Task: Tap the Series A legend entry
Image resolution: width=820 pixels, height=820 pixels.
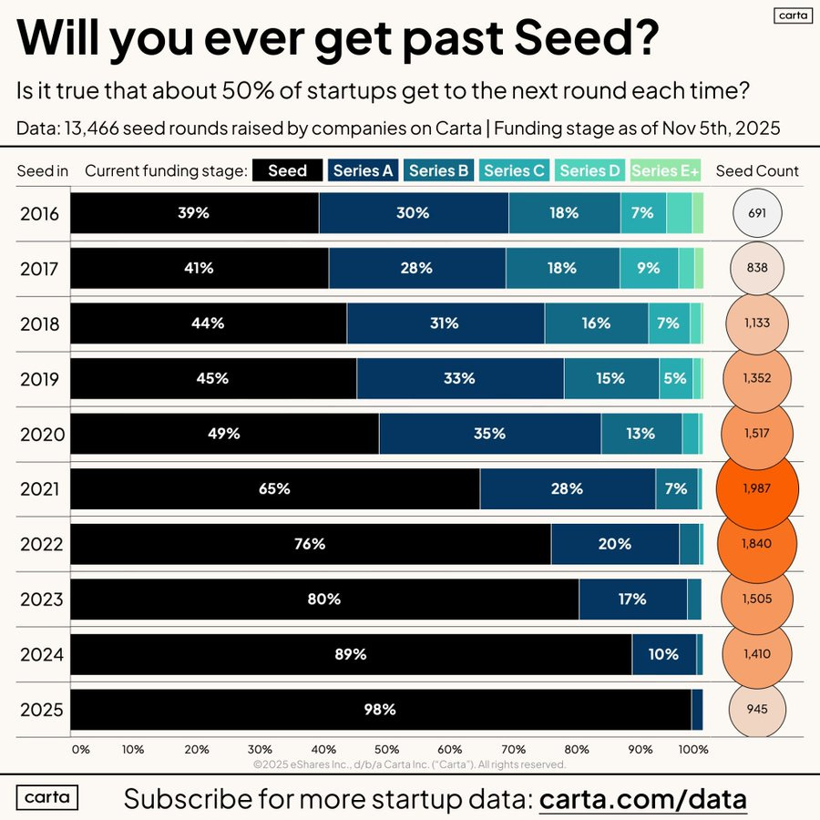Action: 363,170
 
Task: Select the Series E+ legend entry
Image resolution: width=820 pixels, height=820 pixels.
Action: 666,170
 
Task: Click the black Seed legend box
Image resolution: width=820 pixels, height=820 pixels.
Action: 287,170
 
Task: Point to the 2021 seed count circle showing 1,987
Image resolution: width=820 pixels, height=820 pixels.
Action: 757,488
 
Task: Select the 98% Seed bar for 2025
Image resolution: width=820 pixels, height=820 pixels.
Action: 380,709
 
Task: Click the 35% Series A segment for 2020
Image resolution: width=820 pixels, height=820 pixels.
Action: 489,434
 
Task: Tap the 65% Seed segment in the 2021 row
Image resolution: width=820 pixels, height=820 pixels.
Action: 274,488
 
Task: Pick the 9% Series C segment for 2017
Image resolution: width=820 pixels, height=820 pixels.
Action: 649,268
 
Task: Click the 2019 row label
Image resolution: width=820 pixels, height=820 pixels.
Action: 42,378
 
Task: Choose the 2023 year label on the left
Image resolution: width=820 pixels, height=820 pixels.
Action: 42,599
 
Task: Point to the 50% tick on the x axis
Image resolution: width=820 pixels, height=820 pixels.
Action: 386,750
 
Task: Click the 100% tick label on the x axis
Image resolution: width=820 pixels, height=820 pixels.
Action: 693,750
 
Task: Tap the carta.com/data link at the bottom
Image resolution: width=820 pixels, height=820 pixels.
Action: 643,799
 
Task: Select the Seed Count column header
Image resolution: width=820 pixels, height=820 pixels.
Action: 757,170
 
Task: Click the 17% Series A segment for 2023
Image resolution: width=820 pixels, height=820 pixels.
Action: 632,599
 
